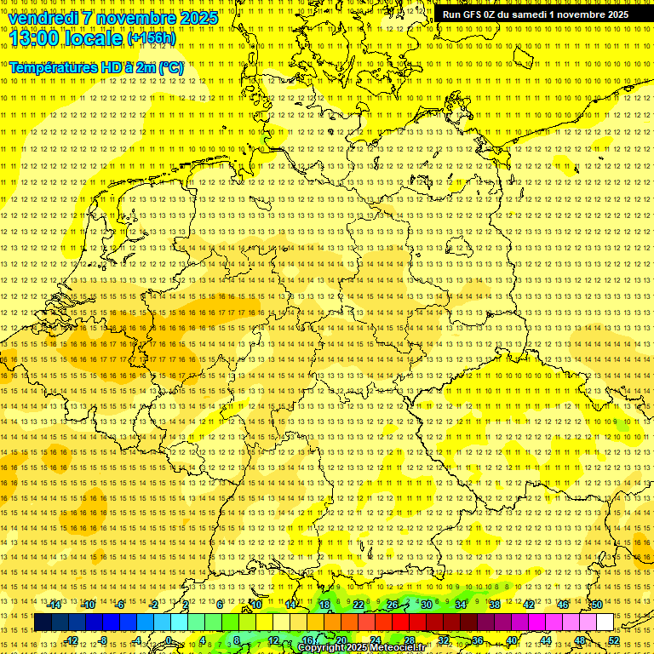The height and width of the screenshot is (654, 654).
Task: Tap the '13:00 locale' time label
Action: click(x=66, y=37)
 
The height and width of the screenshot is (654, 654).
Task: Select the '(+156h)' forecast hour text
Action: click(x=152, y=38)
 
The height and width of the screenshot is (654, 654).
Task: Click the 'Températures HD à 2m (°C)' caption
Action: click(x=95, y=66)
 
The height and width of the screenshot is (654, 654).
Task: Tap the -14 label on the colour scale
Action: click(x=55, y=605)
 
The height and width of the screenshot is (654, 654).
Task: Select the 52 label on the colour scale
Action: click(x=613, y=640)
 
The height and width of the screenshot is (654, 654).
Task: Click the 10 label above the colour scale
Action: click(x=255, y=605)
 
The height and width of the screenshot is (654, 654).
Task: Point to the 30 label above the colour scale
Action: click(x=427, y=605)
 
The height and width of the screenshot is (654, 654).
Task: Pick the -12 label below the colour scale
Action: click(x=72, y=640)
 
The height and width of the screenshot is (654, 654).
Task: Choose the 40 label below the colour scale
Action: click(x=511, y=640)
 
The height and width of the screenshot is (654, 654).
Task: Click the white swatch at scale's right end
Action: click(x=605, y=622)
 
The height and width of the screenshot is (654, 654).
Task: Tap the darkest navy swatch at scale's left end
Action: click(x=43, y=622)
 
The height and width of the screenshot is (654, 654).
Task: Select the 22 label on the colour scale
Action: click(x=359, y=605)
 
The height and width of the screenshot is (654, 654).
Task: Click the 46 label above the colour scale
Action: click(x=563, y=605)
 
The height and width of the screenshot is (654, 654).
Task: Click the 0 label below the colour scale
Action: click(x=169, y=640)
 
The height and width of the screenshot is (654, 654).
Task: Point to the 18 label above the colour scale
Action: click(x=324, y=605)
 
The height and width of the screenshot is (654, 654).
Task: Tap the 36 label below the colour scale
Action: click(x=477, y=640)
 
